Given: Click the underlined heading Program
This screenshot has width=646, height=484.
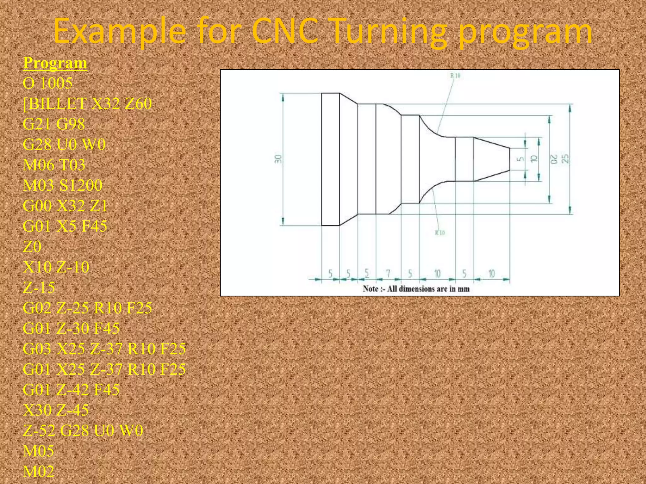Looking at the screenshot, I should (x=55, y=63).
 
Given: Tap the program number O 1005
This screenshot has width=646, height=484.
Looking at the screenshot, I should (x=48, y=83).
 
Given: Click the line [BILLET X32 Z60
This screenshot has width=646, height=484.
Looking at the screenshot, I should (x=87, y=104).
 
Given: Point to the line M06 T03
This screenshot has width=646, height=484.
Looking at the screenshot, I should (x=54, y=165).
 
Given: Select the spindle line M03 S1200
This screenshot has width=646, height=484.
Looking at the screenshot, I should (x=62, y=185).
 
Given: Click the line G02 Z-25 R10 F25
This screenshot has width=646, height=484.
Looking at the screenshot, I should (x=87, y=308).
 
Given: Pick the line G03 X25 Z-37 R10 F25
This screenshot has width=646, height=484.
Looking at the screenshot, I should (x=104, y=349).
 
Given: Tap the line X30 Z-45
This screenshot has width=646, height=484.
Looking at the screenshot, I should (x=56, y=410).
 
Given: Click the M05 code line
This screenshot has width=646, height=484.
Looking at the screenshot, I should (x=38, y=451).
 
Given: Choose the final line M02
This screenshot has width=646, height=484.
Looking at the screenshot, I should (x=38, y=471).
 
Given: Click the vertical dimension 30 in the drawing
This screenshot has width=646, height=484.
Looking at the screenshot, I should (x=278, y=159).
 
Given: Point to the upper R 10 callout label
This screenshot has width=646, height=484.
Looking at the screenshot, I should (x=455, y=76).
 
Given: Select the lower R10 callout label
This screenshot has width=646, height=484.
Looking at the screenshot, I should (x=440, y=233).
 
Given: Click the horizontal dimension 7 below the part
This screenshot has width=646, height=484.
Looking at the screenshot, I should (x=388, y=273).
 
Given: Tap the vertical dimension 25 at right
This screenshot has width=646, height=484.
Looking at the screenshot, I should (x=566, y=158).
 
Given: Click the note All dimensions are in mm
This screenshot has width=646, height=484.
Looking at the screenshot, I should (x=416, y=289).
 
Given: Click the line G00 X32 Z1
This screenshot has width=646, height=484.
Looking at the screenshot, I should (x=65, y=206).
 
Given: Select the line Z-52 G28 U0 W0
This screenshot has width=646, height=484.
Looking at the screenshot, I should (x=83, y=430).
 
